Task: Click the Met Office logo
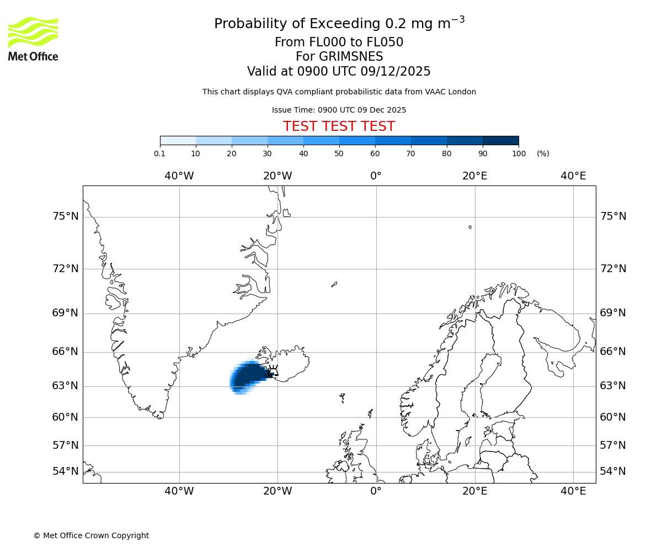[x=33, y=39]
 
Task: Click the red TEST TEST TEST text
[x=339, y=126]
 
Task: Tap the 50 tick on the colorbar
[x=339, y=153]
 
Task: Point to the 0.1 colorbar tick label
[x=160, y=153]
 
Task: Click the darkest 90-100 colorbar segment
[x=500, y=140]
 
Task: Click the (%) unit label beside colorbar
[x=543, y=153]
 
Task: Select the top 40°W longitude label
[x=179, y=176]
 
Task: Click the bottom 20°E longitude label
[x=474, y=491]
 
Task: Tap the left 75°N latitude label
[x=65, y=216]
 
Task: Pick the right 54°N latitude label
[x=613, y=471]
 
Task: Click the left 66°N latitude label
[x=65, y=352]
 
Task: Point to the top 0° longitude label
[x=376, y=176]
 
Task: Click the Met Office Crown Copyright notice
[x=91, y=535]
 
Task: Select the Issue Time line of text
[x=339, y=110]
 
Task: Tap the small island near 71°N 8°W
[x=334, y=284]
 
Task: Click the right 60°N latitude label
[x=613, y=417]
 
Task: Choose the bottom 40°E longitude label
[x=573, y=491]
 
